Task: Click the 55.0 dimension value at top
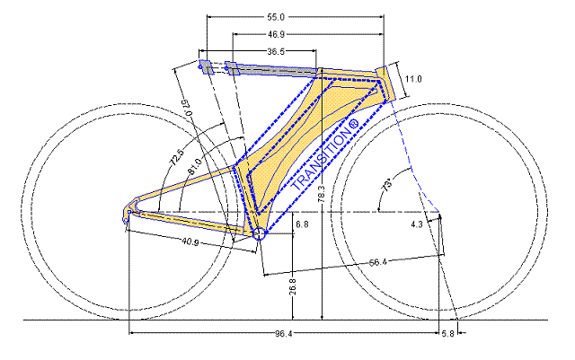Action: [276, 17]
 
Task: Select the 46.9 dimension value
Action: [276, 34]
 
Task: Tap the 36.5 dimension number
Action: [276, 52]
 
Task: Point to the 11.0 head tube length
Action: [413, 79]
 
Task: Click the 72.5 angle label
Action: [177, 158]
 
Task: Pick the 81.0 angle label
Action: [194, 167]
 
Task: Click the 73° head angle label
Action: [387, 184]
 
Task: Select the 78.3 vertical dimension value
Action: [322, 194]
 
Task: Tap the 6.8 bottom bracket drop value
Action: [302, 224]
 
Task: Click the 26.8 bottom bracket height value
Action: [293, 286]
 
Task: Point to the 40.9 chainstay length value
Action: [190, 242]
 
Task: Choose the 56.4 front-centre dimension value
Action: [377, 262]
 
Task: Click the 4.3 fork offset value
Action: [417, 224]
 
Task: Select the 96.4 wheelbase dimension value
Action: [284, 334]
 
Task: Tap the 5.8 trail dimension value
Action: [447, 334]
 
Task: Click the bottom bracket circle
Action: [260, 234]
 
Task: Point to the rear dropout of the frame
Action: [128, 214]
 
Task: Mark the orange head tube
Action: [385, 83]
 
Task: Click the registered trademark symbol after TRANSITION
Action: [353, 125]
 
